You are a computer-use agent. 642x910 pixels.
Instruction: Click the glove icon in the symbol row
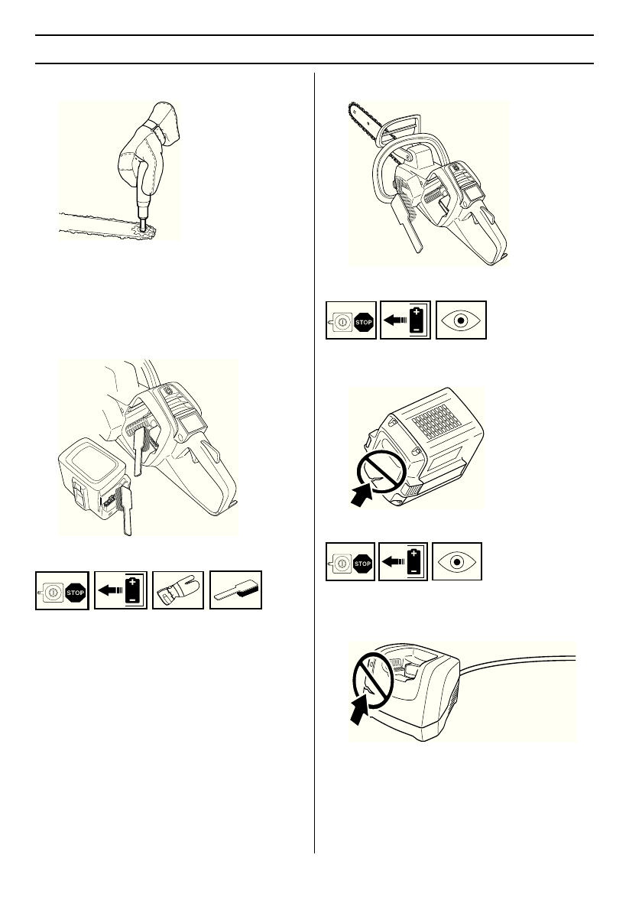[178, 590]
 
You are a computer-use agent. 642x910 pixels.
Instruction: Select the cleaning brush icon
[235, 590]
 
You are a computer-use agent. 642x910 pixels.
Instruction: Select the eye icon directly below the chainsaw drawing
[461, 320]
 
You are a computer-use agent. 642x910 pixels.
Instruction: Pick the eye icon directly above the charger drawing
[457, 561]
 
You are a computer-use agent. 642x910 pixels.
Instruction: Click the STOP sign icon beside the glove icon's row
[62, 590]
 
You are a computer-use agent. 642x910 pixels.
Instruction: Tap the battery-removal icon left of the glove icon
[121, 590]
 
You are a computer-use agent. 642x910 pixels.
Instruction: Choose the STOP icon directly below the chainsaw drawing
[351, 320]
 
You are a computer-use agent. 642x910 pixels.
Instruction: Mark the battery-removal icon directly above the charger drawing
[403, 561]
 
